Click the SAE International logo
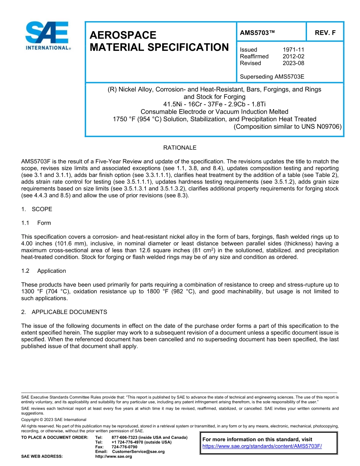pos(47,36)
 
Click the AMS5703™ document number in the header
pos(257,33)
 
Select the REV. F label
pos(325,33)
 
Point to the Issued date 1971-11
pos(293,50)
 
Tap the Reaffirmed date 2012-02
pos(293,56)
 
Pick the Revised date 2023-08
pos(293,63)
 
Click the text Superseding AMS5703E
pos(272,77)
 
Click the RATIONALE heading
pos(180,148)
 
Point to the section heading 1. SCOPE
pos(37,209)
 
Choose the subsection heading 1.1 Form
pos(36,223)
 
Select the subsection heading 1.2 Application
pos(44,271)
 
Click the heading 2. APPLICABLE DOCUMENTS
pos(64,312)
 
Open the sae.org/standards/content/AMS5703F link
pos(262,446)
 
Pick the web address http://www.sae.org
pos(113,457)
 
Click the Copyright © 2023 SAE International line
pos(54,420)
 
